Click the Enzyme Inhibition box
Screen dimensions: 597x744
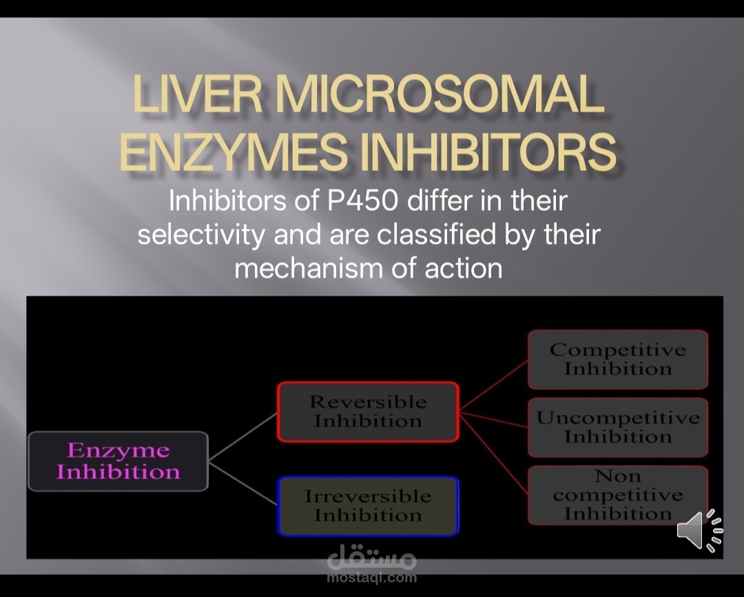[x=118, y=461]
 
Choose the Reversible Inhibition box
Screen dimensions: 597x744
[x=368, y=412]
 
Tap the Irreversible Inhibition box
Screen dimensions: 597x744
[x=368, y=506]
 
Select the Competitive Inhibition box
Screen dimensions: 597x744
[x=618, y=359]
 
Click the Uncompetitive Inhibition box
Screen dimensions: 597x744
[x=618, y=427]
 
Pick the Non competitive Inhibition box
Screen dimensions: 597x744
[x=618, y=495]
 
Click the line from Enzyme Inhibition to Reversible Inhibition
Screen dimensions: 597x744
[x=242, y=436]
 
